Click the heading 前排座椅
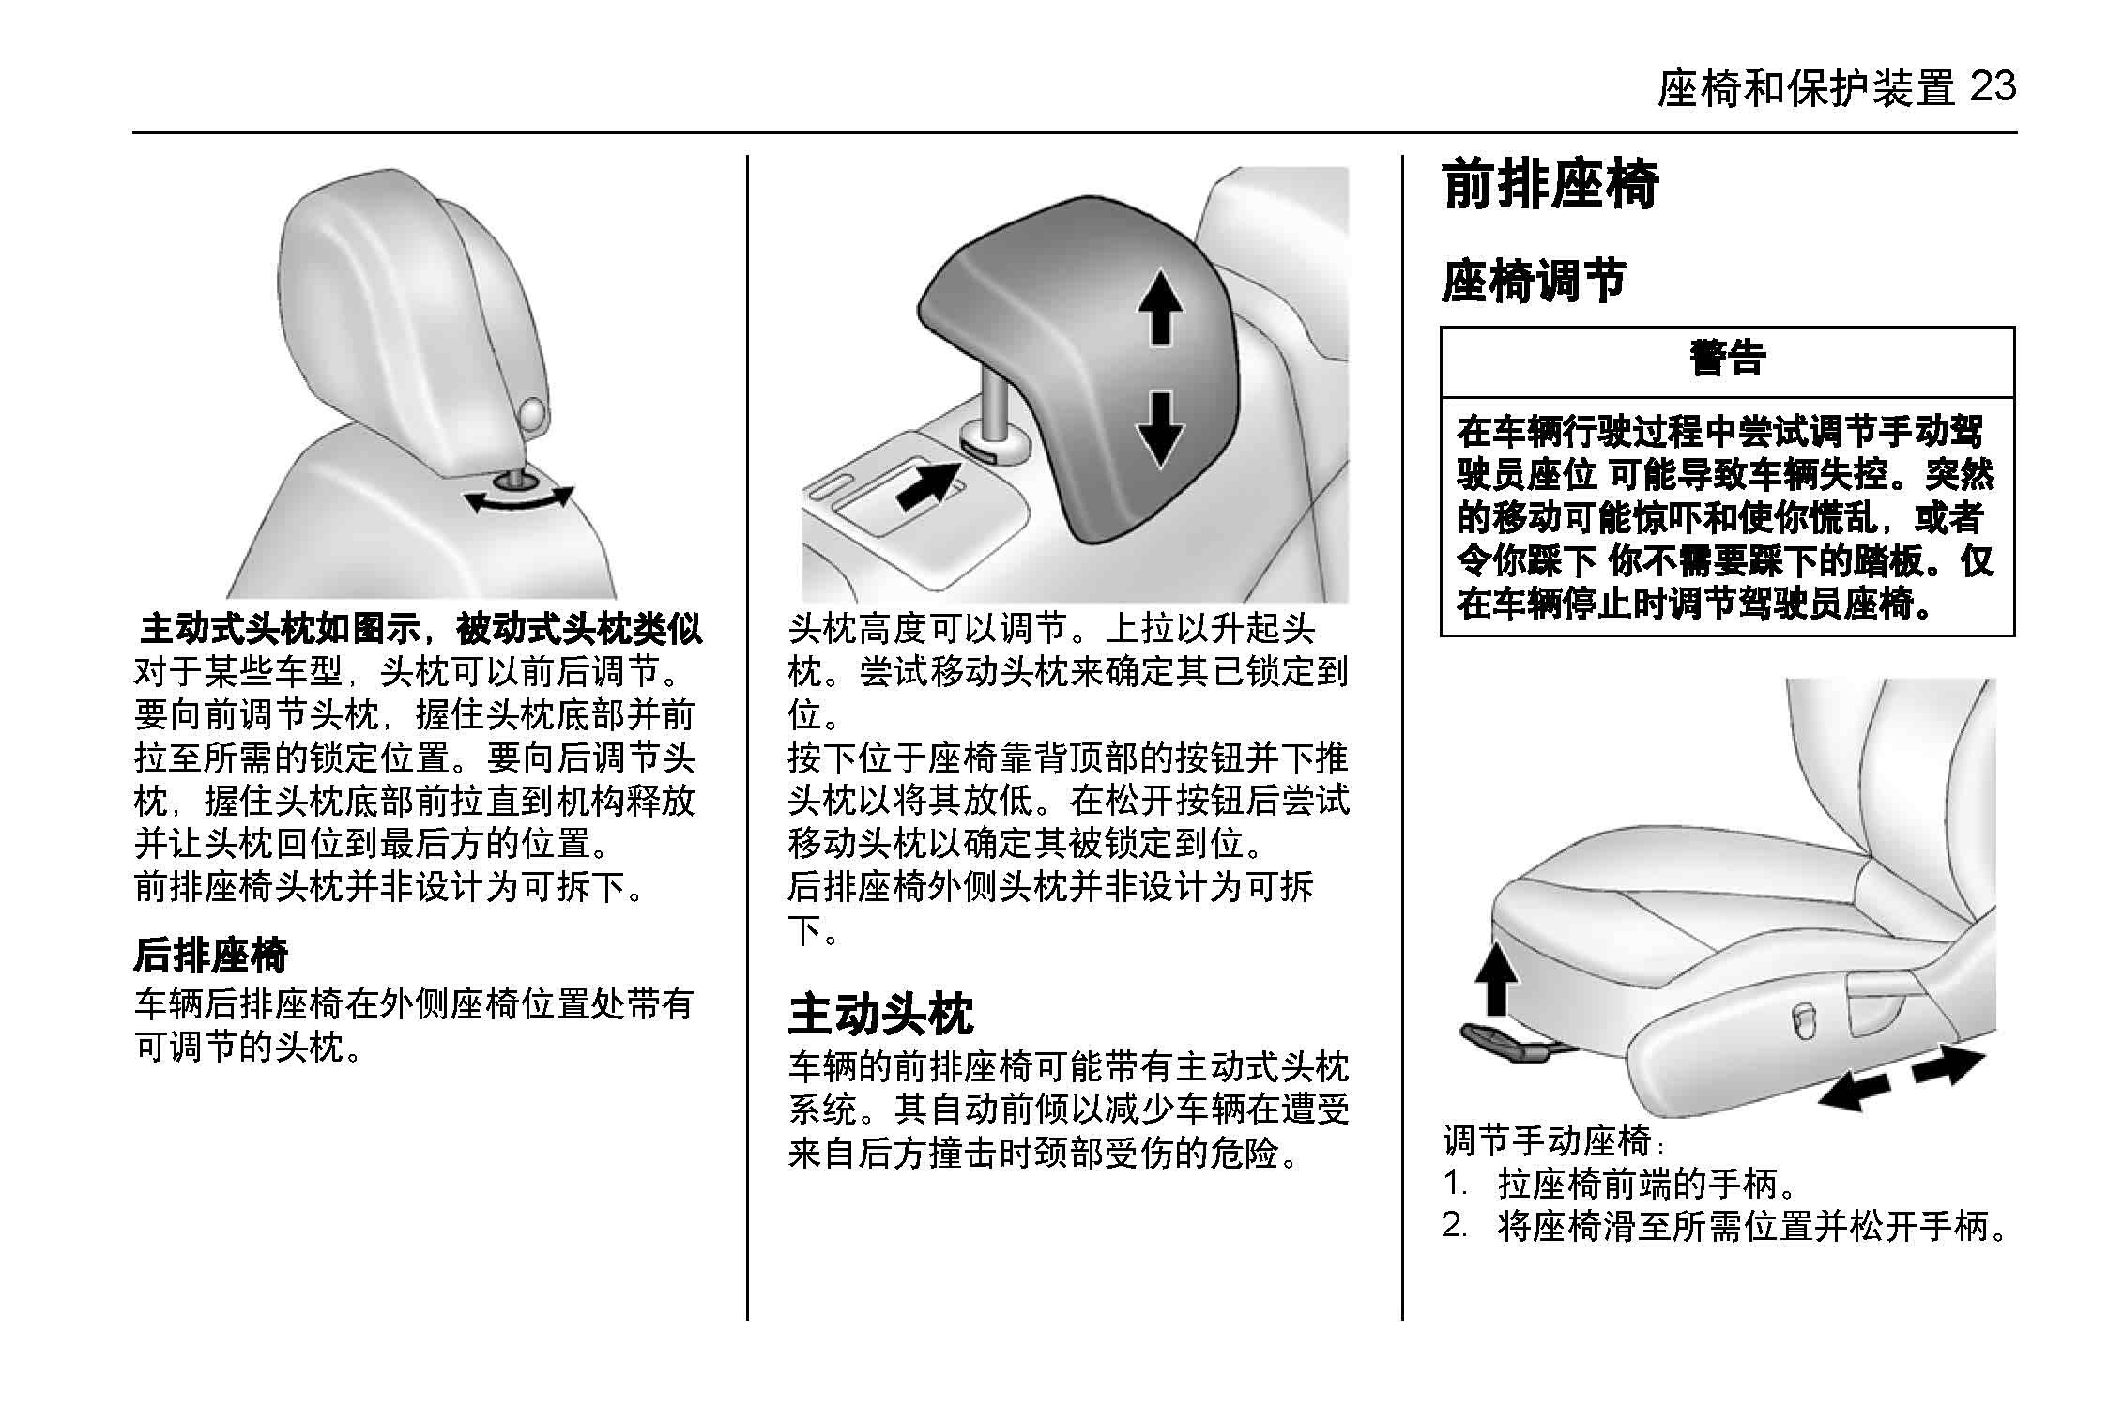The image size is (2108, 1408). (x=1550, y=185)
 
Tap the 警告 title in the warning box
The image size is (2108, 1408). (x=1727, y=358)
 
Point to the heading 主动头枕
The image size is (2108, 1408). (x=880, y=1013)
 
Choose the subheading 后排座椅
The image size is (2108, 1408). (x=210, y=955)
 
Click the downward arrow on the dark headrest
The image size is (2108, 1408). (x=1160, y=428)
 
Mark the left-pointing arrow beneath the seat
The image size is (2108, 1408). (x=1853, y=1091)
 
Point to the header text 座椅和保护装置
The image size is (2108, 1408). (x=1806, y=89)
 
